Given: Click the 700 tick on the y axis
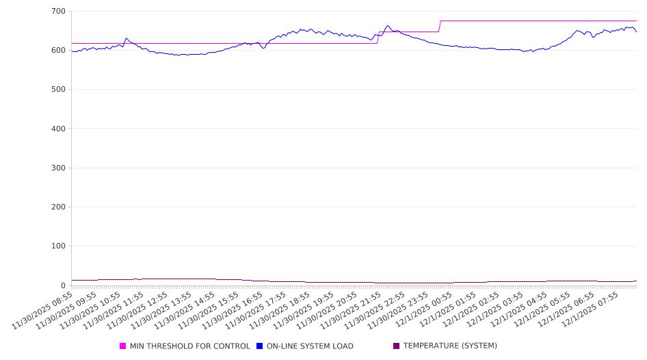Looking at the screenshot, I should [58, 12].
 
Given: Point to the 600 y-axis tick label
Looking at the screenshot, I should [58, 51].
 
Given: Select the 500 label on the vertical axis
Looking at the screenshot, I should [58, 90].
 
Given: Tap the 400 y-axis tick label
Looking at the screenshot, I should [58, 129].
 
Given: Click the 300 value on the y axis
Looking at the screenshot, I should [58, 168].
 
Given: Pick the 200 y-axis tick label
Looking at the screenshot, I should [58, 207].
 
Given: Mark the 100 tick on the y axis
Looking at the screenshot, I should [58, 246].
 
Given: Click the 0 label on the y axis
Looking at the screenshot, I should [63, 285].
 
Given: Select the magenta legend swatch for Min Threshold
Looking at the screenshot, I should [123, 346].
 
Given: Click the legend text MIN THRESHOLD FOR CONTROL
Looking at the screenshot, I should [189, 346].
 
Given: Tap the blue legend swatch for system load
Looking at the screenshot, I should [260, 346].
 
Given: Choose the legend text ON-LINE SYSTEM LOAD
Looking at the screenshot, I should [310, 346].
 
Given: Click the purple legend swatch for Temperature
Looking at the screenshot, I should [397, 346].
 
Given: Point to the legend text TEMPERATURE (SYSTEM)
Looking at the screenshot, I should [450, 346].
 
